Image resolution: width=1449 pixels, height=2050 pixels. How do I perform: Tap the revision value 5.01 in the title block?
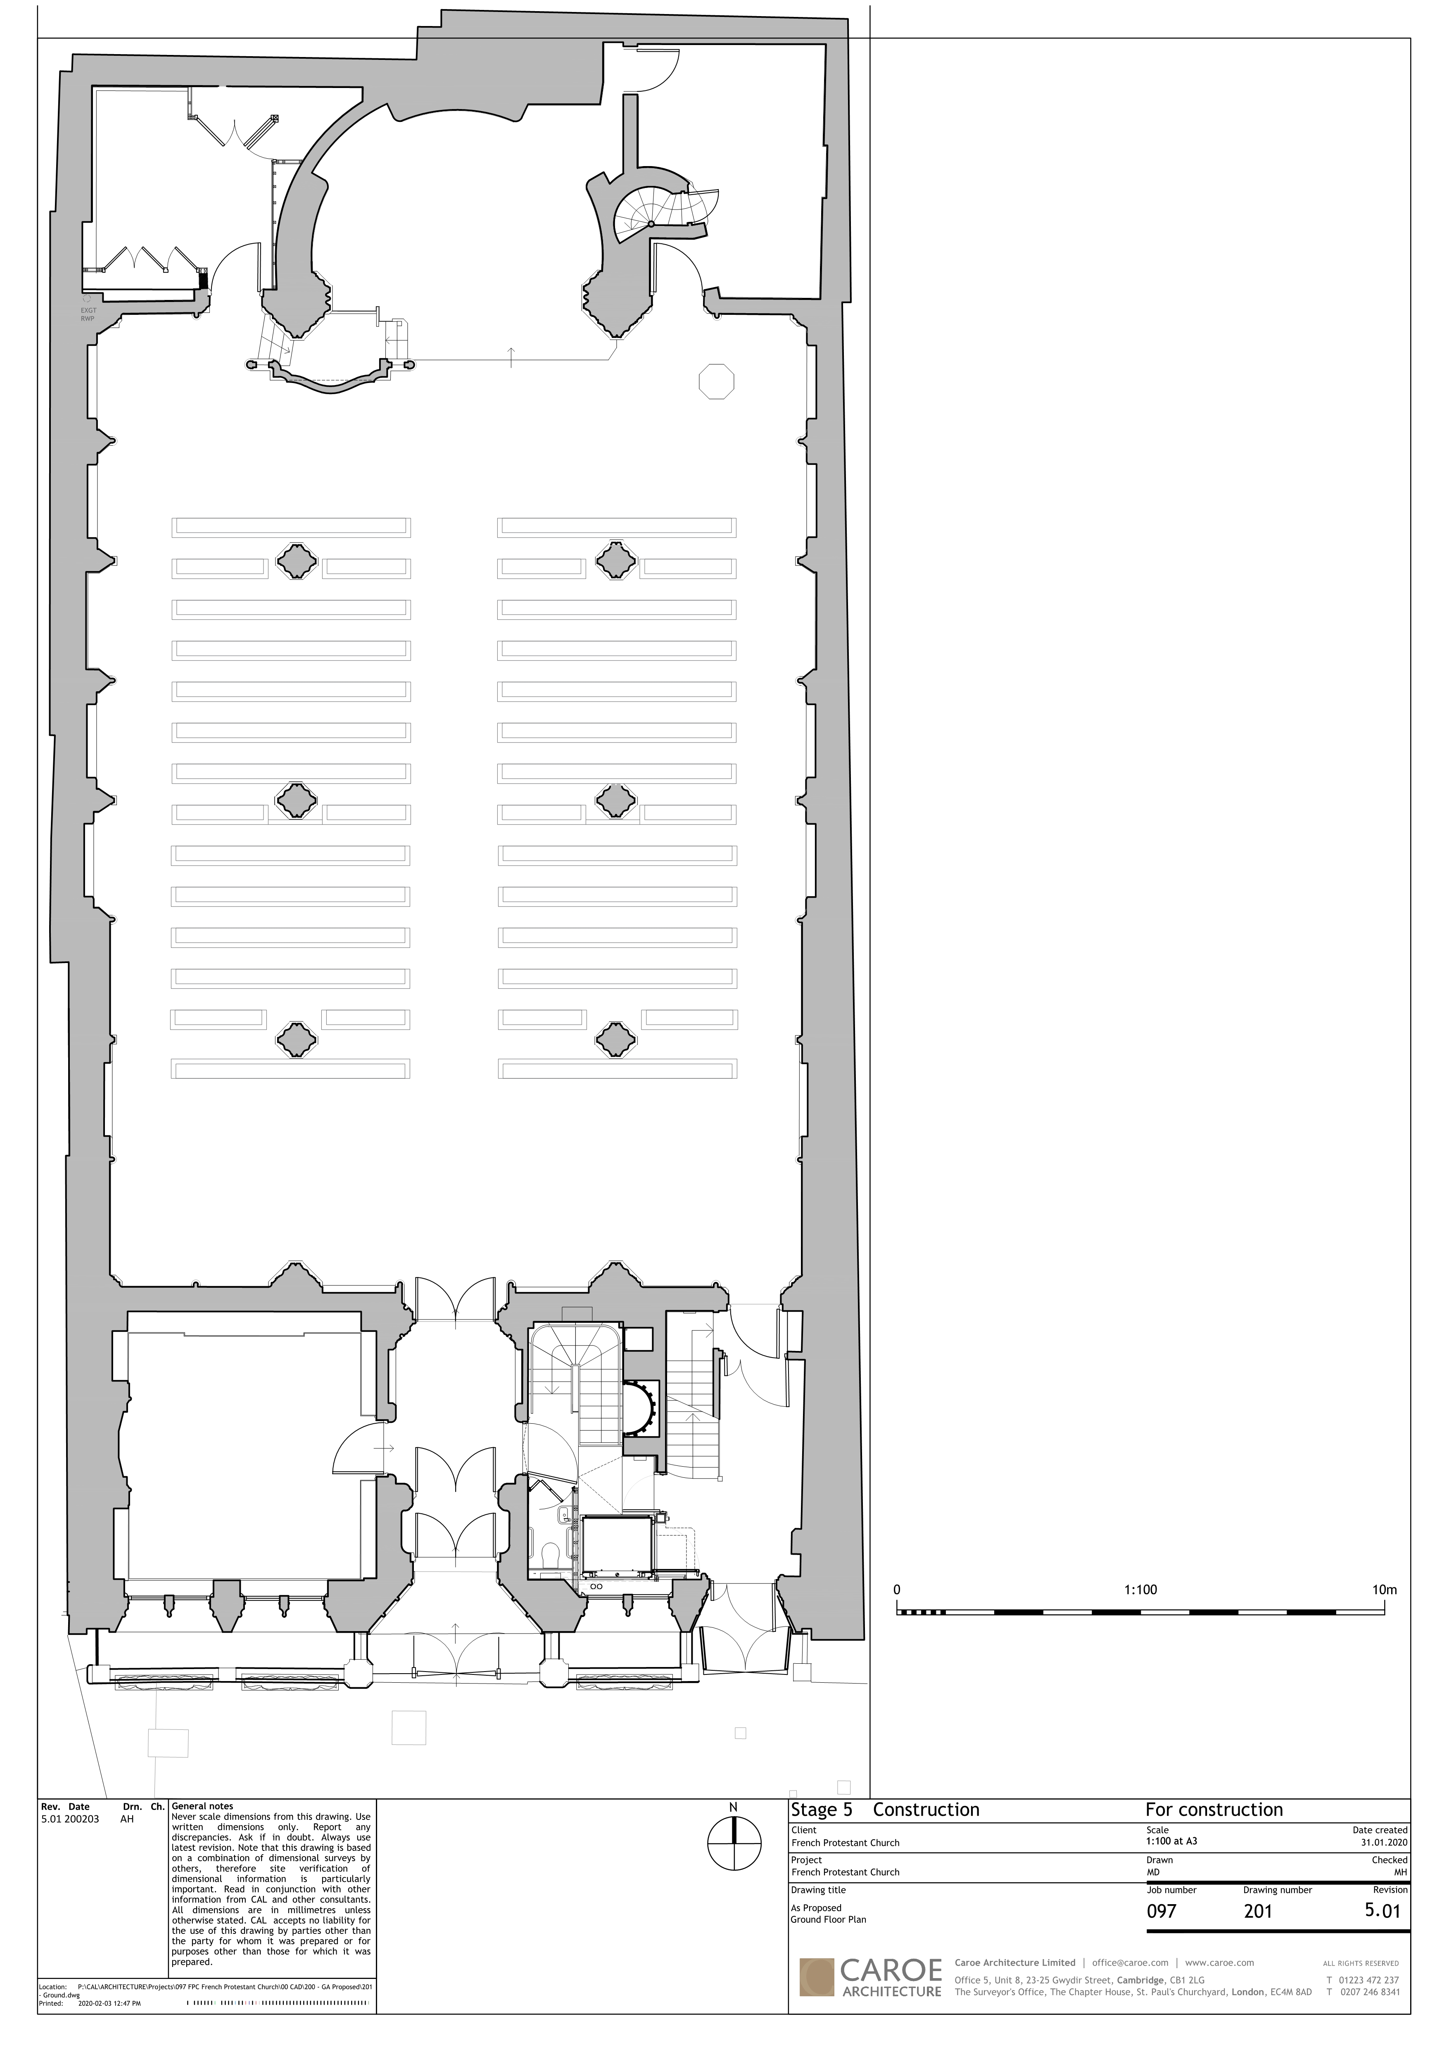click(x=1383, y=1911)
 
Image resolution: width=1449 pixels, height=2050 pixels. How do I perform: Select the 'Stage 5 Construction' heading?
click(x=885, y=1810)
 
